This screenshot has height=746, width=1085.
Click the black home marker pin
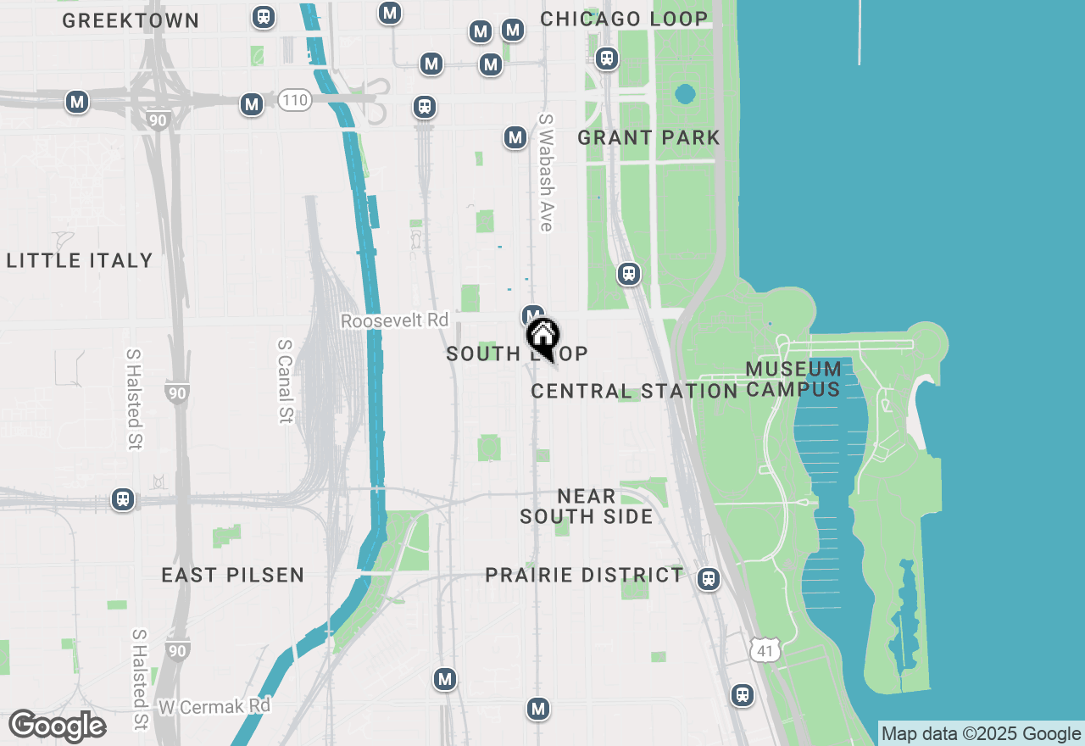coord(542,337)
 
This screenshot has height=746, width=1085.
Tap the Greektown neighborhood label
coord(131,20)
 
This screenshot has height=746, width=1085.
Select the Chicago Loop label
coord(624,19)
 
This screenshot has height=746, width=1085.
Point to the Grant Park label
coord(648,137)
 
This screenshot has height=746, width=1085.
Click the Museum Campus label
coord(793,379)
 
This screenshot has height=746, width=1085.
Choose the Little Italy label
coord(80,260)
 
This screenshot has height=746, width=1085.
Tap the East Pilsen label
coord(232,575)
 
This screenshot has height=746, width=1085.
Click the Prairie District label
coord(584,575)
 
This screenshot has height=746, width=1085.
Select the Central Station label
coord(634,391)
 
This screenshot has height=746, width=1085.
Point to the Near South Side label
coord(587,506)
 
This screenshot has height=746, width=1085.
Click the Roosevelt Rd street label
coord(394,320)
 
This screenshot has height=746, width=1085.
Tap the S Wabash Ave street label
coord(546,173)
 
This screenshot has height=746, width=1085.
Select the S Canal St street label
coord(285,381)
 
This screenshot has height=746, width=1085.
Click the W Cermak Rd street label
coord(214,705)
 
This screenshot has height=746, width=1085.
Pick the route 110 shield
coord(294,101)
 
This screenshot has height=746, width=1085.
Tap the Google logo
coord(57,727)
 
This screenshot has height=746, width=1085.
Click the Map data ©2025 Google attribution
coord(981,734)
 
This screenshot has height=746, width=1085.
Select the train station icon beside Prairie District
coord(709,579)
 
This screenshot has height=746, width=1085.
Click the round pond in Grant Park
coord(685,93)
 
